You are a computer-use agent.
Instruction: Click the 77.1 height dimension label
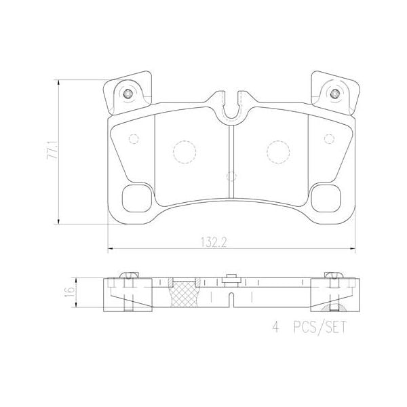[52, 150]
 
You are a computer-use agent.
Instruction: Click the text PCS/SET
[319, 327]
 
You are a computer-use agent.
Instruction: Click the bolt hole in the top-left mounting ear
[128, 92]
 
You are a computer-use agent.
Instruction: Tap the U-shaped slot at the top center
[231, 109]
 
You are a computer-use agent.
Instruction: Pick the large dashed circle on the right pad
[277, 151]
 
